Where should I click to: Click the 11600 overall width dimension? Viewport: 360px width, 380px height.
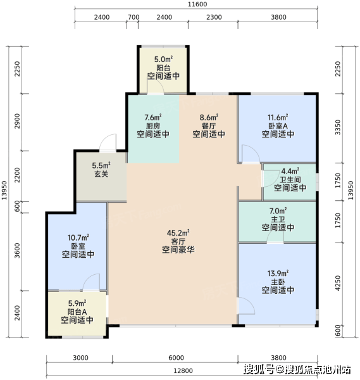[197, 4]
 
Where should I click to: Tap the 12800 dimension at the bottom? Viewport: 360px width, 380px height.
[183, 370]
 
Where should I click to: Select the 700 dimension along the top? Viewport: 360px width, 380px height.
[133, 17]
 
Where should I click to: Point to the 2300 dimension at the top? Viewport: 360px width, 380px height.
[214, 17]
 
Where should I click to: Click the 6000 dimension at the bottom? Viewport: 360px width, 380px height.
[176, 358]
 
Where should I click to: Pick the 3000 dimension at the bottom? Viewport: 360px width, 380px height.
[80, 358]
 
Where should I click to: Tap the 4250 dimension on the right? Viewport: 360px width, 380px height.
[338, 283]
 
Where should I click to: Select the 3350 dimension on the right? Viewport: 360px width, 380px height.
[338, 127]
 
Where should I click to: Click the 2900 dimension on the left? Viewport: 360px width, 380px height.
[17, 121]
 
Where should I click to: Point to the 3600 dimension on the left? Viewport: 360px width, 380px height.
[17, 250]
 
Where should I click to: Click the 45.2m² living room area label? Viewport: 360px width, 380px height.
[178, 233]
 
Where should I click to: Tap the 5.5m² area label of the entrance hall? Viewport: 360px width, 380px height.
[101, 165]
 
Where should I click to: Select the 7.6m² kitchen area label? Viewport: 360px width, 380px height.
[153, 118]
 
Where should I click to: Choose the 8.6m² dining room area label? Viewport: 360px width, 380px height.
[209, 118]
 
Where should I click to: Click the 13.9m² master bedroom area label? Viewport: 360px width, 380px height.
[278, 274]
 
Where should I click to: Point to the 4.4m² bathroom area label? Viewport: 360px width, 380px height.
[290, 171]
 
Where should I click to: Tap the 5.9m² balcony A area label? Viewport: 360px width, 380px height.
[77, 303]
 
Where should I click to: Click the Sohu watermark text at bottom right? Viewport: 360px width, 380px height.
[297, 369]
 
